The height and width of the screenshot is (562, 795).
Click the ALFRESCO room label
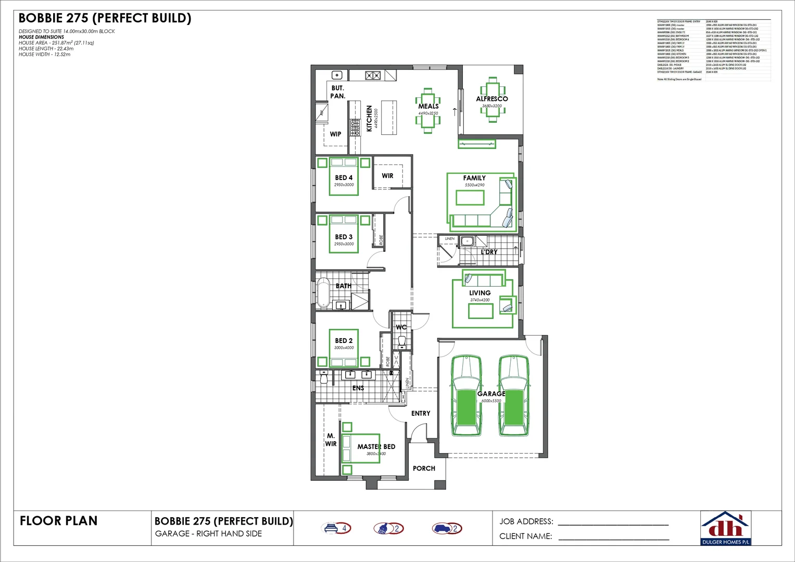click(491, 98)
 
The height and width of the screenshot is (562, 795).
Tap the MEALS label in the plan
click(428, 106)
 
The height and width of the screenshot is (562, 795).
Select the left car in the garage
click(466, 396)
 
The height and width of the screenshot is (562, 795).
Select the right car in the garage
click(513, 396)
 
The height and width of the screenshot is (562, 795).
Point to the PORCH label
click(424, 468)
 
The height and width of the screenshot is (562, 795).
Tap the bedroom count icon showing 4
click(337, 528)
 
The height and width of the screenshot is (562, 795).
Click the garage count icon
click(447, 528)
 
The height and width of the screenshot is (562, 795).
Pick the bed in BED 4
click(344, 176)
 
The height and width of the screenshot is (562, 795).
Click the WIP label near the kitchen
click(335, 134)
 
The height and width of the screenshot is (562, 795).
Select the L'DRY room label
click(489, 252)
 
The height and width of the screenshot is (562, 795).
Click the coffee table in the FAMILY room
click(470, 198)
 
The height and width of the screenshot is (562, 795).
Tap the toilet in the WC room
click(401, 342)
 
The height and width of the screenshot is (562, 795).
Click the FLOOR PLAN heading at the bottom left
click(58, 521)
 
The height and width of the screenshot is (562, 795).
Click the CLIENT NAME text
click(525, 536)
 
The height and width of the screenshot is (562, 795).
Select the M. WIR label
click(331, 440)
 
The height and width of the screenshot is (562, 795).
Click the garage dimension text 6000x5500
click(491, 401)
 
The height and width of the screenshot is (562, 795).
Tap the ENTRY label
click(421, 413)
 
